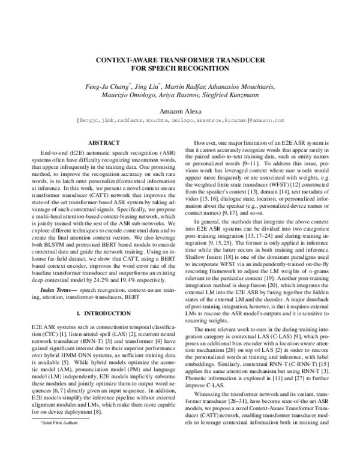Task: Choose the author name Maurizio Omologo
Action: pos(128,97)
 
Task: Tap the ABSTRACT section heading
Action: pos(104,143)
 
